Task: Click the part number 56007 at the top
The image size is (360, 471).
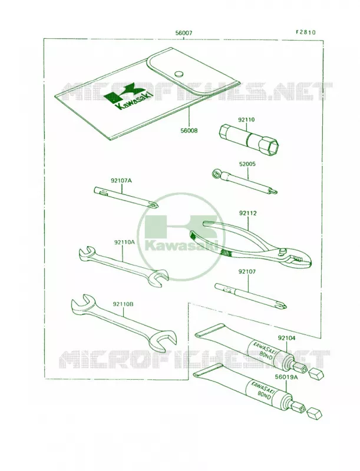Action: [x=184, y=33]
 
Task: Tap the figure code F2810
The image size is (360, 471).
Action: [x=306, y=32]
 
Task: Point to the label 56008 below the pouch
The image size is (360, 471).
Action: [x=190, y=131]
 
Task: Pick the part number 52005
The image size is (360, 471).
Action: [x=247, y=164]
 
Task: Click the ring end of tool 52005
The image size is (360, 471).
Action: [x=216, y=174]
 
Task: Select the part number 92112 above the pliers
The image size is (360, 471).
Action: [x=248, y=214]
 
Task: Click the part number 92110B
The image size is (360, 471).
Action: [x=123, y=304]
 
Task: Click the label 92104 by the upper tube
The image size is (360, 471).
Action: [x=286, y=338]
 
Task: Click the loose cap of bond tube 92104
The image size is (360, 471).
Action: [x=316, y=374]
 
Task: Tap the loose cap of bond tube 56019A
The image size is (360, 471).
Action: [x=315, y=414]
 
